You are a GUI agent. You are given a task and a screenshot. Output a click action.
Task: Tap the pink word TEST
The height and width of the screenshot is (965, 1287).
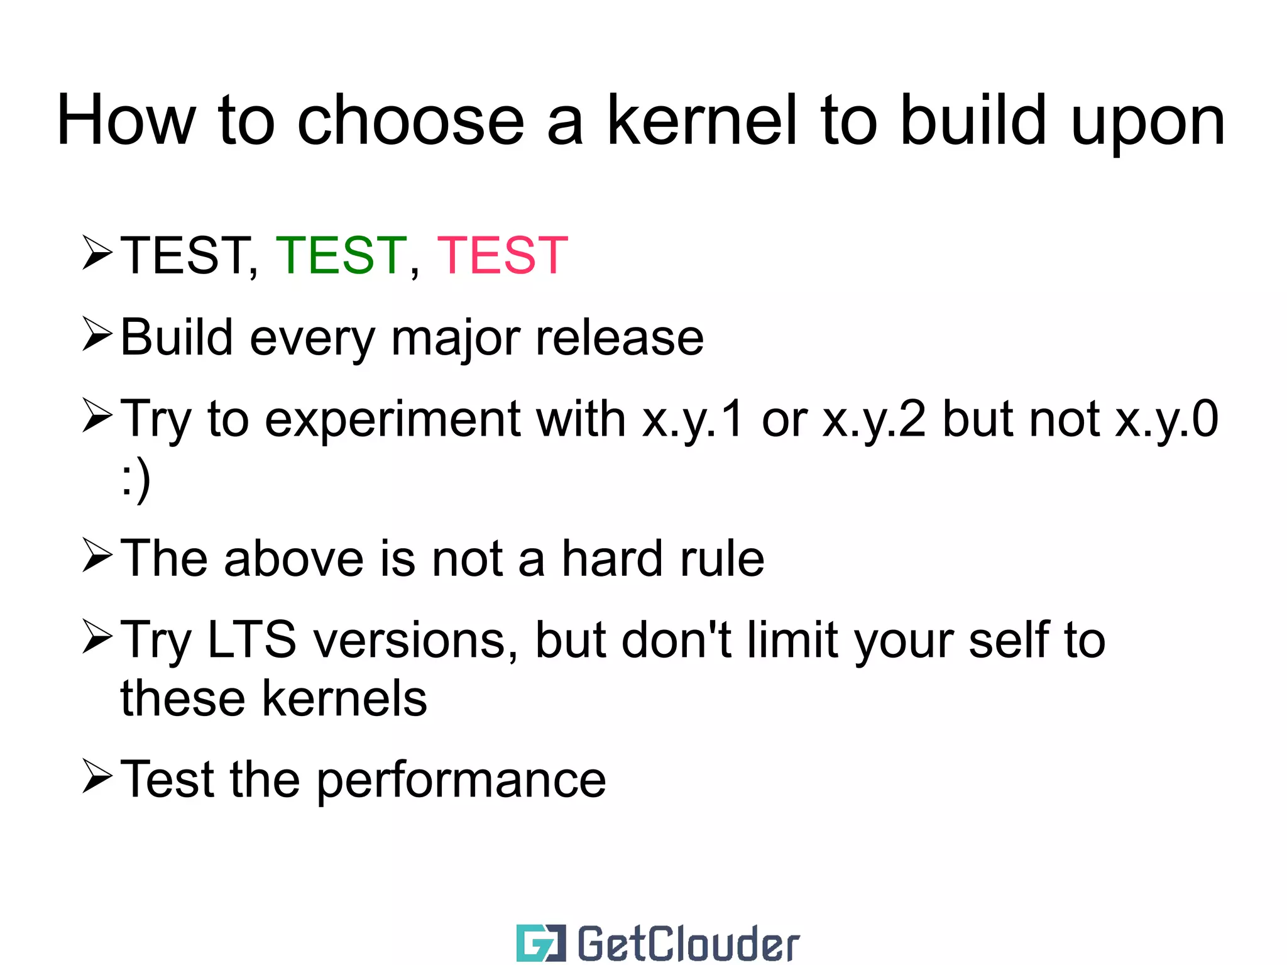(502, 255)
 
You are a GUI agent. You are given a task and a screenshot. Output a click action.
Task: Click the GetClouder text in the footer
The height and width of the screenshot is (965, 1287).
(688, 944)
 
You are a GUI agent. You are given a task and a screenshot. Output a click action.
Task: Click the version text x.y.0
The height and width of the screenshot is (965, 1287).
(1166, 420)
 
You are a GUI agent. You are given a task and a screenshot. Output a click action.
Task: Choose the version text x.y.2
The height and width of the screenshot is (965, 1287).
(874, 420)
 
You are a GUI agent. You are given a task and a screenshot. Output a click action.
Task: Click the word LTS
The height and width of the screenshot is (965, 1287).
(251, 640)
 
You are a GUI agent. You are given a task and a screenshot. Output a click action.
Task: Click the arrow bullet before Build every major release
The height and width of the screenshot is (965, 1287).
(97, 334)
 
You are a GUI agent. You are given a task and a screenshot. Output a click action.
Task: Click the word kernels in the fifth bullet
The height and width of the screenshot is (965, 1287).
(344, 699)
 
